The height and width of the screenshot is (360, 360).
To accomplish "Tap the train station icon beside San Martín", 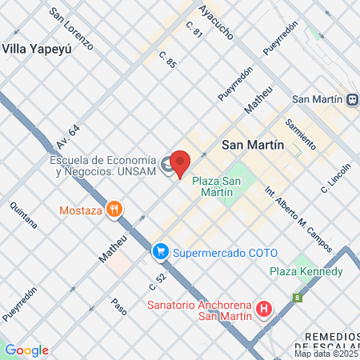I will click(351, 99).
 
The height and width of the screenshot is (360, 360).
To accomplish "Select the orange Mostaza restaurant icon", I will click(115, 210).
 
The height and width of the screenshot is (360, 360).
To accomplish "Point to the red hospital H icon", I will click(263, 308).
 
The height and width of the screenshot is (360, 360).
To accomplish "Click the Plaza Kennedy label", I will click(306, 271).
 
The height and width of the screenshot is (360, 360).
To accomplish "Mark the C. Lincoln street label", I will click(336, 178).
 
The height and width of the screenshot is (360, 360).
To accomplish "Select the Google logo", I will click(26, 350).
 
